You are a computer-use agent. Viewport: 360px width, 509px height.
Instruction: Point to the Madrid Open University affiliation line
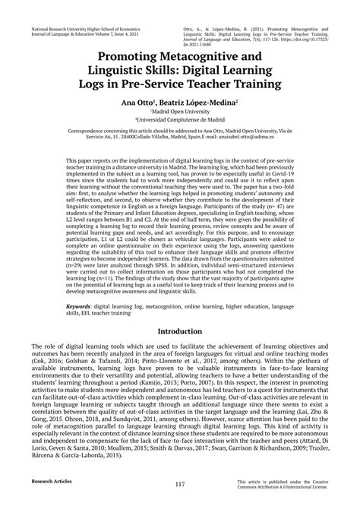click(x=180, y=111)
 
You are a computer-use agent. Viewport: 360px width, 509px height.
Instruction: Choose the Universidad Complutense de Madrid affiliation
click(x=180, y=119)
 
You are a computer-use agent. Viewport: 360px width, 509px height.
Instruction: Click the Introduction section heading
click(x=179, y=333)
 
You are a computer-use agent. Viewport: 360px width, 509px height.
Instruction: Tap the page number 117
click(x=179, y=484)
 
